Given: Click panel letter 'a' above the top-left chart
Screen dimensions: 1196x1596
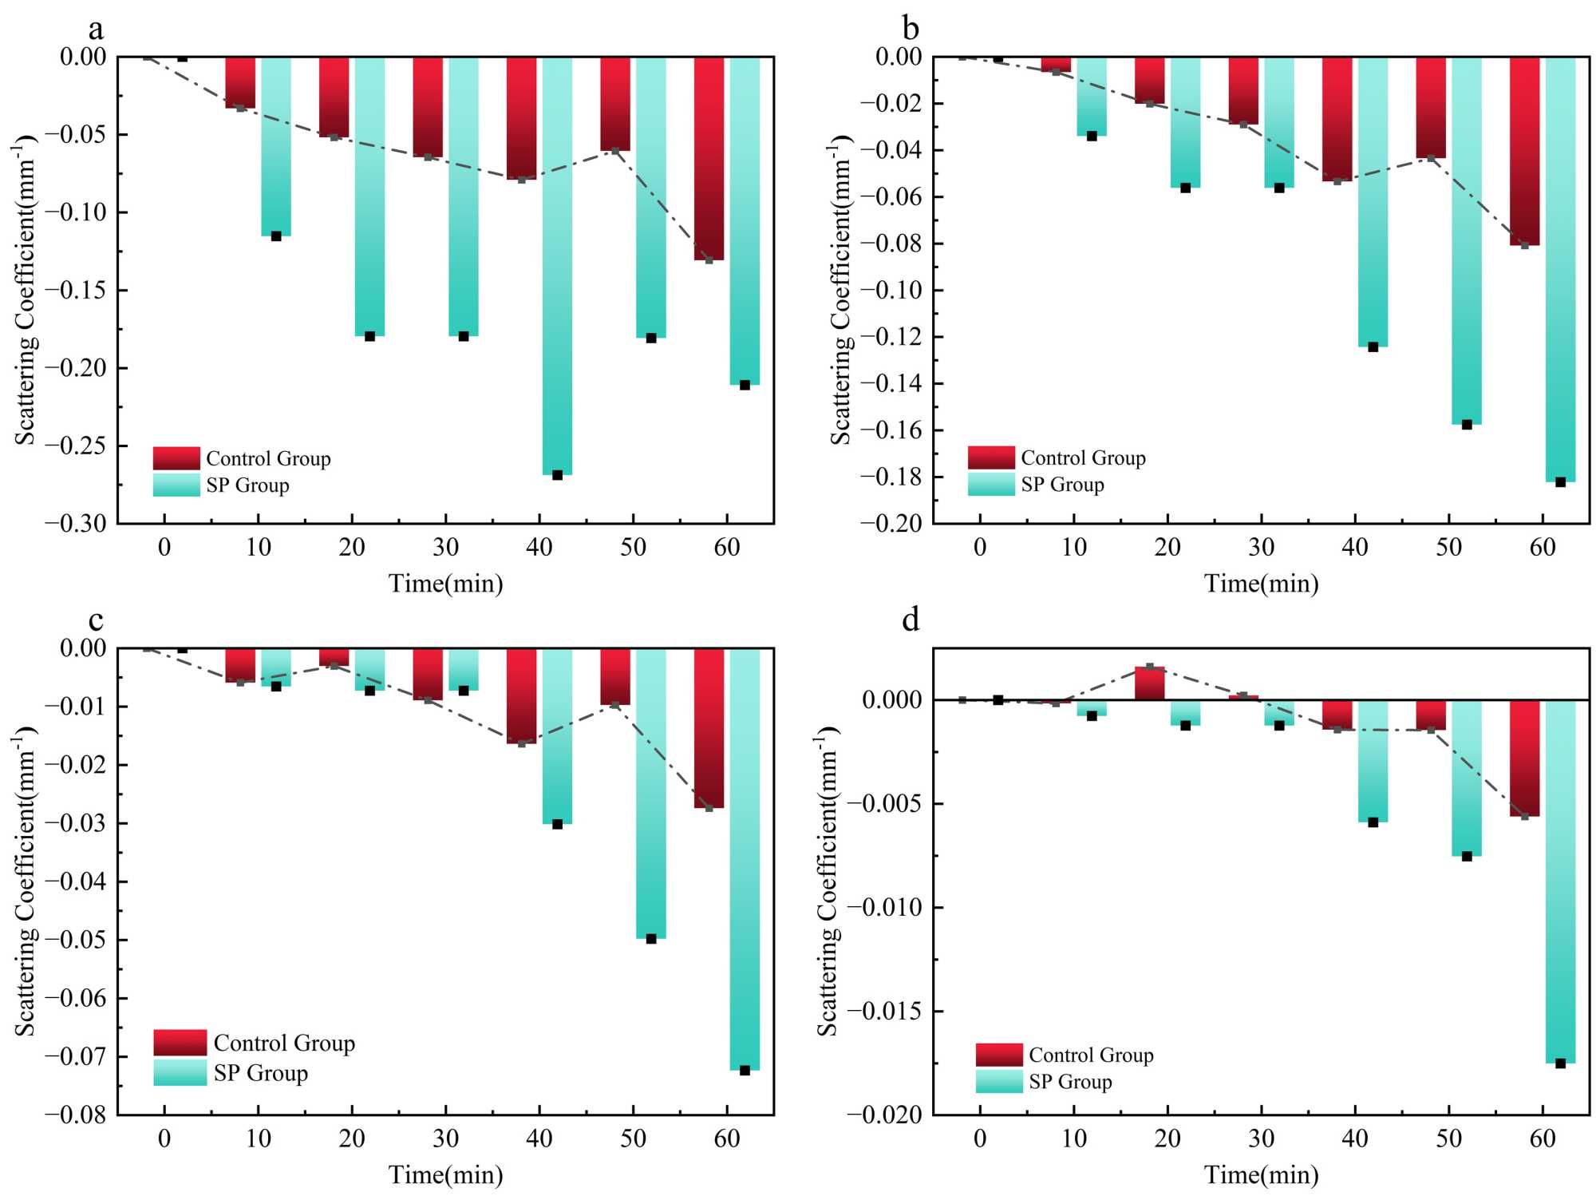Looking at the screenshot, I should point(96,30).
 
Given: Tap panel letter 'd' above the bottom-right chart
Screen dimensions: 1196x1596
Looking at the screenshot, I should point(911,620).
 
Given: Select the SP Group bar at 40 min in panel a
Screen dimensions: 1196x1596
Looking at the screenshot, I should point(557,263).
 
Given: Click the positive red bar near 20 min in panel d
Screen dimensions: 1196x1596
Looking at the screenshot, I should point(1150,683).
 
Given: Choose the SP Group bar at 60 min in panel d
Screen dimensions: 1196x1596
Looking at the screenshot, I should point(1560,878).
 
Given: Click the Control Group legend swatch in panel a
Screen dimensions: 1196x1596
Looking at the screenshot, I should point(176,458).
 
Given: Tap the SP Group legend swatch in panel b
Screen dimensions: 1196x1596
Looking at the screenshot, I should point(991,485).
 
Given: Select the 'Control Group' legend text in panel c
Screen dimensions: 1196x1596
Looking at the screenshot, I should point(284,1044).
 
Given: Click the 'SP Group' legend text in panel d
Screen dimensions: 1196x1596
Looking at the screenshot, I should point(1070,1082).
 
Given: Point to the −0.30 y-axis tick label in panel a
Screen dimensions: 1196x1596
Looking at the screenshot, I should point(76,524).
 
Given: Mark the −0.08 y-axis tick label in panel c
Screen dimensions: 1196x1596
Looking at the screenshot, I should point(76,1115).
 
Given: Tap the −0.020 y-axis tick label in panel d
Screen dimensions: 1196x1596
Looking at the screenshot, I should point(884,1115).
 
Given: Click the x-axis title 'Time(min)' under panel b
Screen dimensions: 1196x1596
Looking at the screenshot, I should point(1261,584).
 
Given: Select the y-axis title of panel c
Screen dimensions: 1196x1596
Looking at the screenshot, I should point(26,881).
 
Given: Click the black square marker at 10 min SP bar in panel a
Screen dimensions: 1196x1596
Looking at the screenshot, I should point(276,236).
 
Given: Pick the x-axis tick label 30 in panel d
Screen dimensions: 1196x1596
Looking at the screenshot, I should point(1261,1139).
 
